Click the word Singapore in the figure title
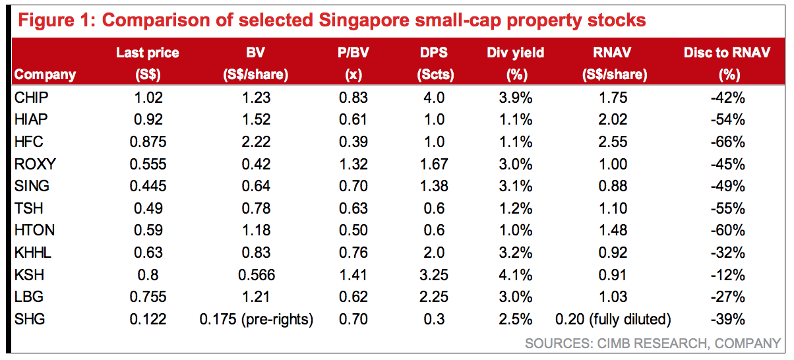click(374, 20)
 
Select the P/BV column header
click(353, 63)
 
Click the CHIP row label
click(32, 98)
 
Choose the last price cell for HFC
click(148, 142)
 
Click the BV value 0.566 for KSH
click(255, 275)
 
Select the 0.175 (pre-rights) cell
click(256, 319)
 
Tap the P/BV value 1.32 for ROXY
click(353, 164)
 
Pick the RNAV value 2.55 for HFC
click(613, 142)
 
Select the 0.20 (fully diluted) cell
click(613, 319)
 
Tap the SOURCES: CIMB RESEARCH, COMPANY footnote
click(653, 344)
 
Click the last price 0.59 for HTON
click(148, 231)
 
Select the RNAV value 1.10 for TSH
click(613, 208)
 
